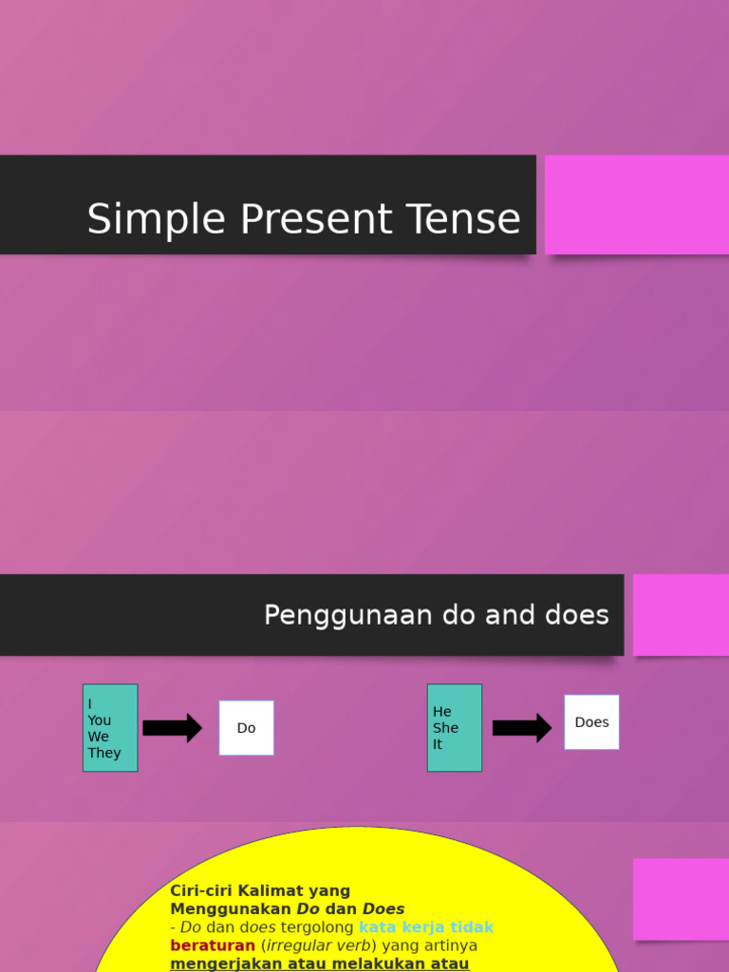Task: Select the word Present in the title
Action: click(x=307, y=219)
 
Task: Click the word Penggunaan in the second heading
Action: click(x=347, y=615)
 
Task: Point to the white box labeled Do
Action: click(x=247, y=728)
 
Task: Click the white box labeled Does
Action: click(x=591, y=722)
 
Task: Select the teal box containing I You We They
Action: click(x=110, y=728)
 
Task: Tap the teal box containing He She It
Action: click(x=455, y=728)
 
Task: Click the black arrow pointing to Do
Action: click(x=172, y=728)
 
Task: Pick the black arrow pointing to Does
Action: click(x=521, y=728)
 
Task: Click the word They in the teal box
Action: click(x=104, y=753)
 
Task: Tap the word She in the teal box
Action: click(x=445, y=728)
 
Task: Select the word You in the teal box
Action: click(x=100, y=720)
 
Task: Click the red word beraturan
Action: click(x=213, y=945)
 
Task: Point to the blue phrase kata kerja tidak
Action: click(x=426, y=927)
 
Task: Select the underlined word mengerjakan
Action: click(x=218, y=963)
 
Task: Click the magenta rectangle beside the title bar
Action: click(x=636, y=205)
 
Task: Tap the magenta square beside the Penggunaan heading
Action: click(x=681, y=615)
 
